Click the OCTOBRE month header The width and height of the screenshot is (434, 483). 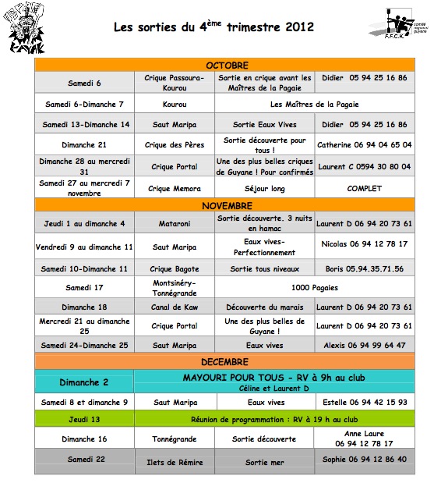[x=227, y=65]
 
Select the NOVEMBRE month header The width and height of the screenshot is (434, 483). [x=227, y=205]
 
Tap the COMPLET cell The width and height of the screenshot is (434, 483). [x=364, y=188]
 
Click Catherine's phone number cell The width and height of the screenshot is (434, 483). [x=364, y=145]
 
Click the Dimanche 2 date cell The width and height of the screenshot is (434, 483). [x=85, y=382]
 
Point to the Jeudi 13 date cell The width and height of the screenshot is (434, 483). [x=85, y=419]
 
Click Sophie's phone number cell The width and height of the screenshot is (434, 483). [x=364, y=460]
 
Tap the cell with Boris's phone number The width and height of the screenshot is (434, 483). [x=364, y=268]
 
